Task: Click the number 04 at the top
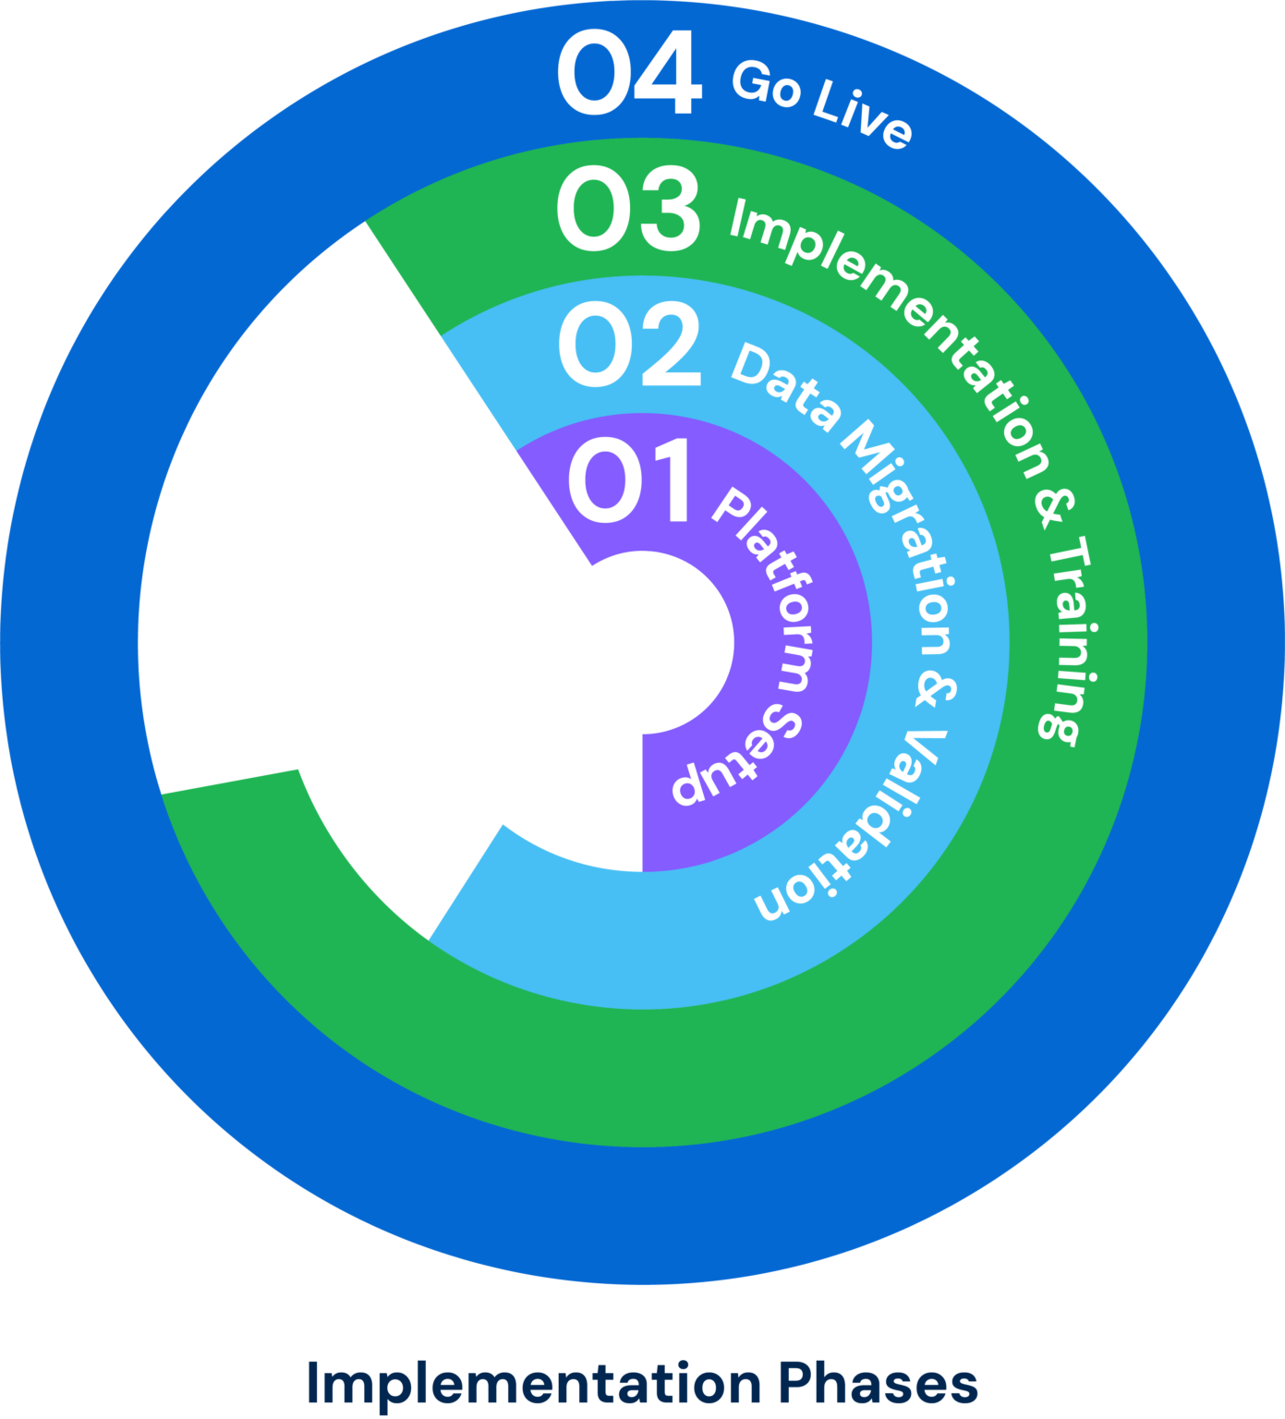click(x=629, y=73)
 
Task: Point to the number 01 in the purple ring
click(x=629, y=480)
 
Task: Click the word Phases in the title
click(x=877, y=1384)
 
